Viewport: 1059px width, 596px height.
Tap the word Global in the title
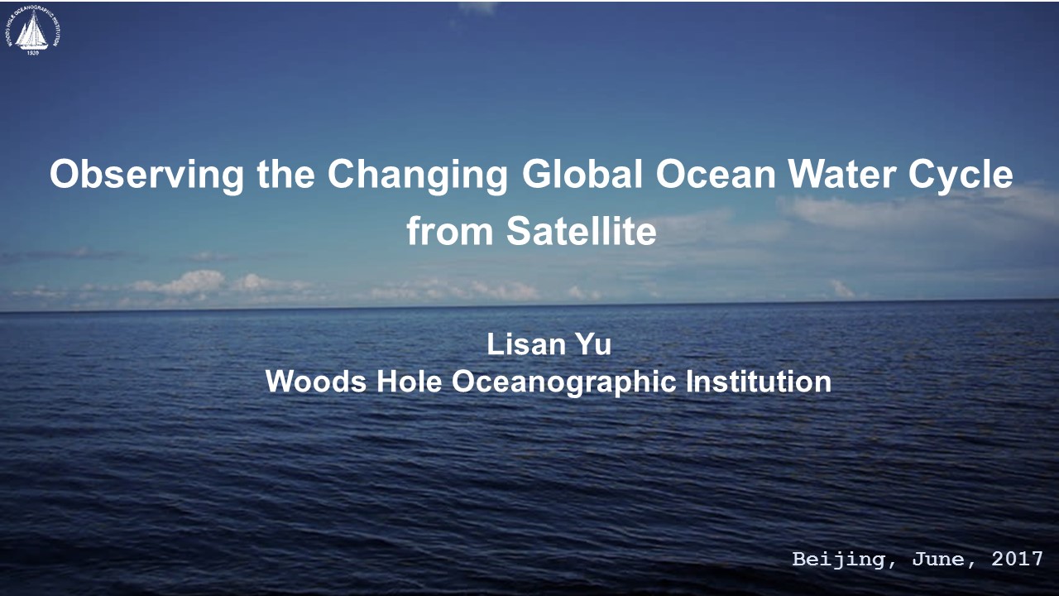(582, 174)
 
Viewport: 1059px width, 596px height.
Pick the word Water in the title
(842, 175)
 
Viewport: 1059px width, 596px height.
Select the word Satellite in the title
(582, 231)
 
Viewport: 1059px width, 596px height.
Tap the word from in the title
(449, 231)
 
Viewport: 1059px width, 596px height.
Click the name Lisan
(525, 344)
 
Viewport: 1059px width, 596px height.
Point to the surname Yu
(593, 344)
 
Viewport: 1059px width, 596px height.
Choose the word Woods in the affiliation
(316, 382)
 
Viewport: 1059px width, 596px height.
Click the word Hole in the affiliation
(409, 382)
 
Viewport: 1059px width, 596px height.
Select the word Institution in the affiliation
(759, 382)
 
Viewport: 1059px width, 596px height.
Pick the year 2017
(1017, 559)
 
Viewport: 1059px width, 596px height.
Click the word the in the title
(285, 174)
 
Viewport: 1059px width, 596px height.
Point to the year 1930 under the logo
(33, 52)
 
